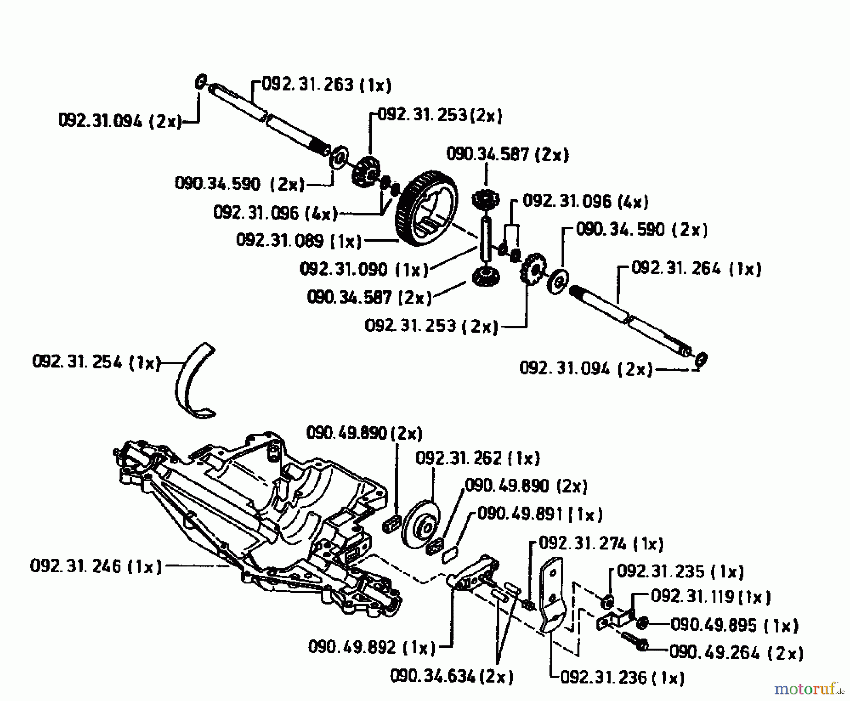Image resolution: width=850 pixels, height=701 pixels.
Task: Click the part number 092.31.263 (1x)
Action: [326, 85]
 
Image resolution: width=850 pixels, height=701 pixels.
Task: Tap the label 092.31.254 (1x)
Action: [96, 363]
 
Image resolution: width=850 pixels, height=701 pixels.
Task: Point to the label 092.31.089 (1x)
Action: [298, 241]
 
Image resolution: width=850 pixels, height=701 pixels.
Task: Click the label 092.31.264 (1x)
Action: [696, 269]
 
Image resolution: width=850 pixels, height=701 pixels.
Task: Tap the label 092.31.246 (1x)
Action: [95, 566]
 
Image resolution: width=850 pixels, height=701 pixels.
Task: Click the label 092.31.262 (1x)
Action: [477, 458]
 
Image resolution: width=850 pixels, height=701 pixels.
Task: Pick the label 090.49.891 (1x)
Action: [540, 514]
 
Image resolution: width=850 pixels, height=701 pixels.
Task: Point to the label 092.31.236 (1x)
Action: [622, 678]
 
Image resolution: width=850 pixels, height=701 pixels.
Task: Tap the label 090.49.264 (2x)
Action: [736, 653]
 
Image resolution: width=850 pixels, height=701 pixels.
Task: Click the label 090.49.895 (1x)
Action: [734, 625]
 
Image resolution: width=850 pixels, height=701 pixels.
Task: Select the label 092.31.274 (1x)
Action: [601, 544]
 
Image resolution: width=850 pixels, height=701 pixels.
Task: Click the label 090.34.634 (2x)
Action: [451, 676]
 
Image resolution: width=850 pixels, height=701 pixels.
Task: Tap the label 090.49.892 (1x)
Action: [372, 647]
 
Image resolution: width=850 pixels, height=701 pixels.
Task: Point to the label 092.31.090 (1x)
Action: [364, 270]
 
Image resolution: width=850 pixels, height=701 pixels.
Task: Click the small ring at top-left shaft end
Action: [200, 82]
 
